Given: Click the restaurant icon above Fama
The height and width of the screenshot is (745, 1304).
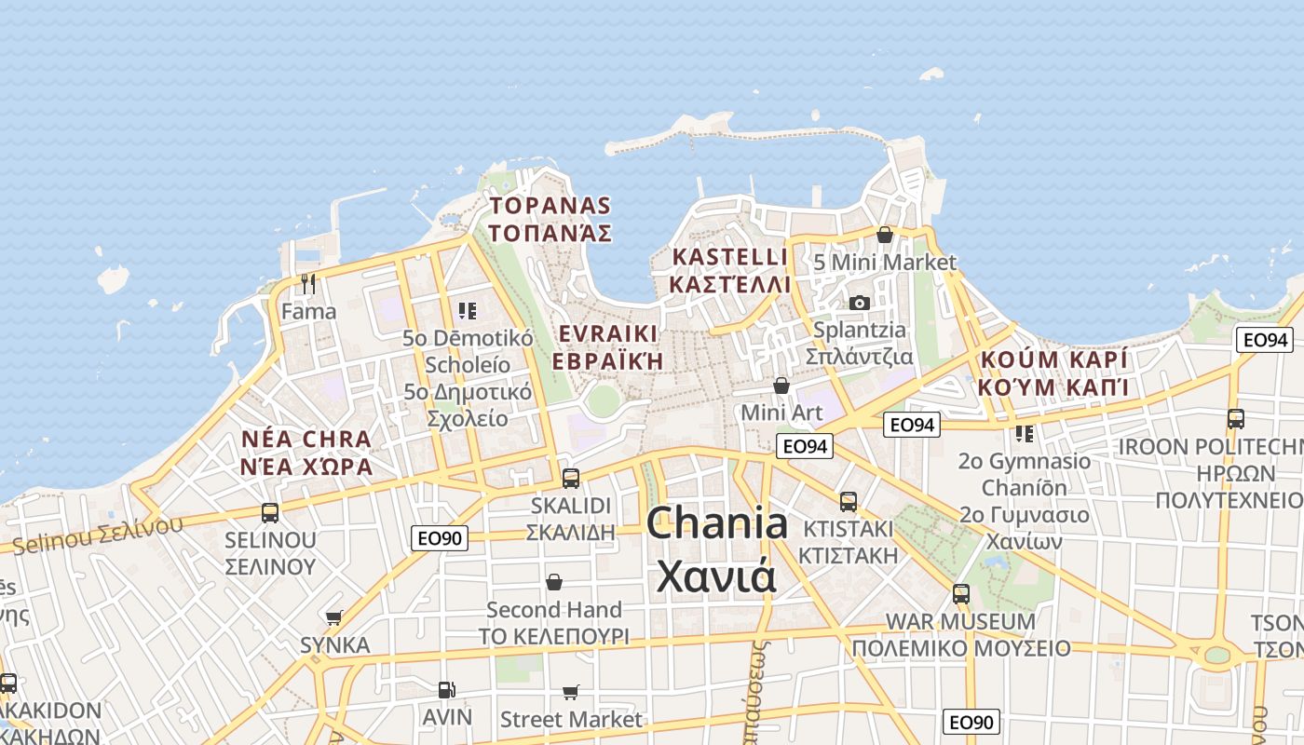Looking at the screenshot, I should [308, 283].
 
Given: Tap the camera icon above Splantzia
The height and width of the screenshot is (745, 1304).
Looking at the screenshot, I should [859, 303].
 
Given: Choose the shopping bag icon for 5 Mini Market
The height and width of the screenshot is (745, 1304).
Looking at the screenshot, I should [885, 235].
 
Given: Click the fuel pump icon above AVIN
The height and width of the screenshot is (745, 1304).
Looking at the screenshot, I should [447, 690].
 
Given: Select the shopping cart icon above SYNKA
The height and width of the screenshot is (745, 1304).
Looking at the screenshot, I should [334, 617].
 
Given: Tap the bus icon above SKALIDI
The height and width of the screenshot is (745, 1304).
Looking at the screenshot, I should [570, 479].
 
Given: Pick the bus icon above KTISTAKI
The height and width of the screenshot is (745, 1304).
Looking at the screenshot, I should [848, 502].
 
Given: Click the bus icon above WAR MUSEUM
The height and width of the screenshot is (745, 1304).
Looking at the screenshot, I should [960, 593].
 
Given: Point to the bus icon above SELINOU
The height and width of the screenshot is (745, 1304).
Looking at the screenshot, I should [270, 512].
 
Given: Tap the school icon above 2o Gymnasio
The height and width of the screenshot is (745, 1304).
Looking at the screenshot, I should [1025, 433].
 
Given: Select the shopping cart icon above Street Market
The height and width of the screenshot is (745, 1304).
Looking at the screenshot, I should [570, 692].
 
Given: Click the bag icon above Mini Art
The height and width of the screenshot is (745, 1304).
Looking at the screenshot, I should [781, 385].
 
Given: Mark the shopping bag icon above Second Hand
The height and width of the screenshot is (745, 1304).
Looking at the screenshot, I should [554, 582].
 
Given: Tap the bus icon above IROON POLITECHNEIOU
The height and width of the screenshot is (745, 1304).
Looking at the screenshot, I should [1235, 419].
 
